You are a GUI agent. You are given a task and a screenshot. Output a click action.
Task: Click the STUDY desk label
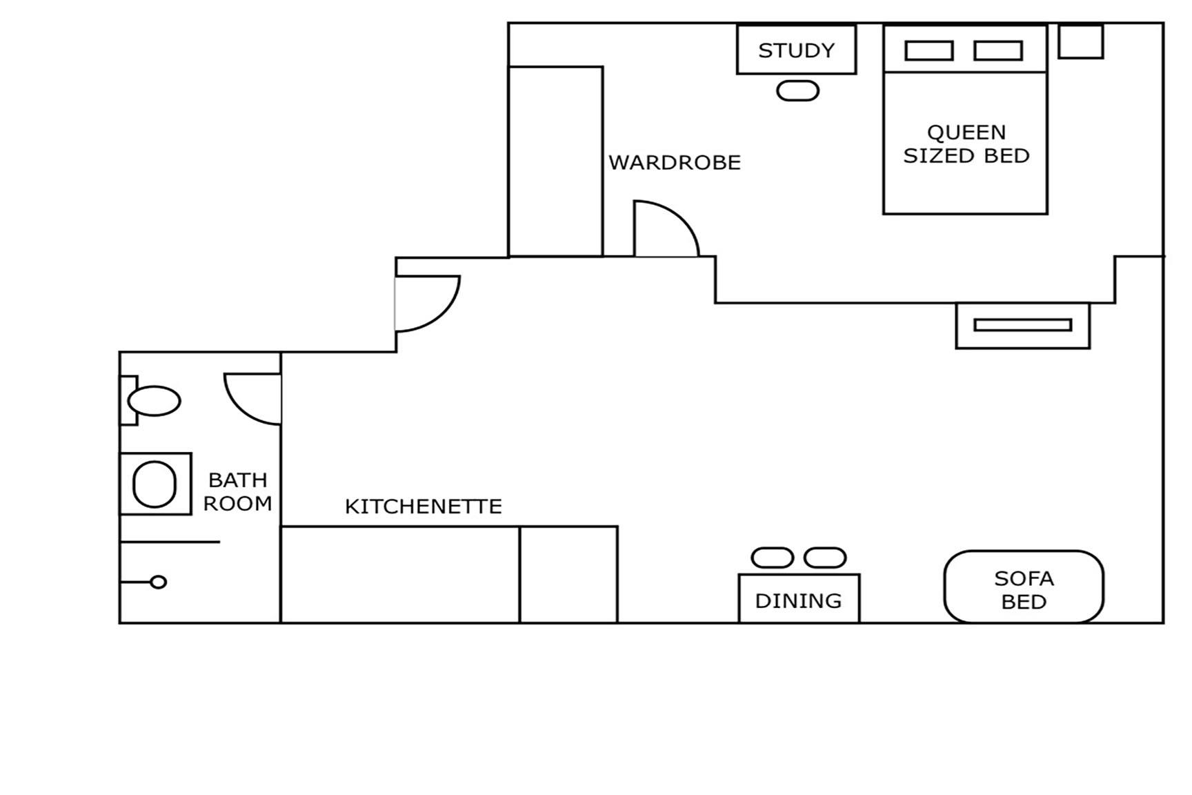796,50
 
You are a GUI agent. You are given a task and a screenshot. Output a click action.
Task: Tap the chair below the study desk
797,91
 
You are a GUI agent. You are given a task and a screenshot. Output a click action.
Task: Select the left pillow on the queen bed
928,51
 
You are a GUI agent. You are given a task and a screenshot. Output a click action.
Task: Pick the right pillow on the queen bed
997,51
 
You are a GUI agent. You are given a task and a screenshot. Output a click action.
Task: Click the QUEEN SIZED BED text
966,144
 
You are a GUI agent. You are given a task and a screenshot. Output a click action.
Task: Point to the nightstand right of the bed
1080,41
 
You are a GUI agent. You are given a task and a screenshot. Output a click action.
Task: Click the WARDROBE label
674,163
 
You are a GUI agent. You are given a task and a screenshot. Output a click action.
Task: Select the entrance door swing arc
441,311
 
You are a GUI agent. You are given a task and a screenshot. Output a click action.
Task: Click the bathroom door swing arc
241,407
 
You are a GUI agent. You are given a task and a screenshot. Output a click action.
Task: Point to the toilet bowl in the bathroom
155,400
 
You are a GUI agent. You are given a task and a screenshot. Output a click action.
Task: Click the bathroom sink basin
154,484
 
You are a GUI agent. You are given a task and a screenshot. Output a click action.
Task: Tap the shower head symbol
158,582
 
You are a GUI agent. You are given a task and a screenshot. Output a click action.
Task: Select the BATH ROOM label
237,491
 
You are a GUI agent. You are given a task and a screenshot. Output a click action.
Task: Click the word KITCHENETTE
423,507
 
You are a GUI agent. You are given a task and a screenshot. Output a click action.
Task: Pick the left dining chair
772,558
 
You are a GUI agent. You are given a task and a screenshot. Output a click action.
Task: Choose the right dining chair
825,558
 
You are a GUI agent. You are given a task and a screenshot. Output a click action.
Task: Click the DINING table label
798,601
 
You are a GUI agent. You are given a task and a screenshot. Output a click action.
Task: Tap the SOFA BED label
1024,590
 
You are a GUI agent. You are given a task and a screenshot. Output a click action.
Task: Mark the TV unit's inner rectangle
1022,325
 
